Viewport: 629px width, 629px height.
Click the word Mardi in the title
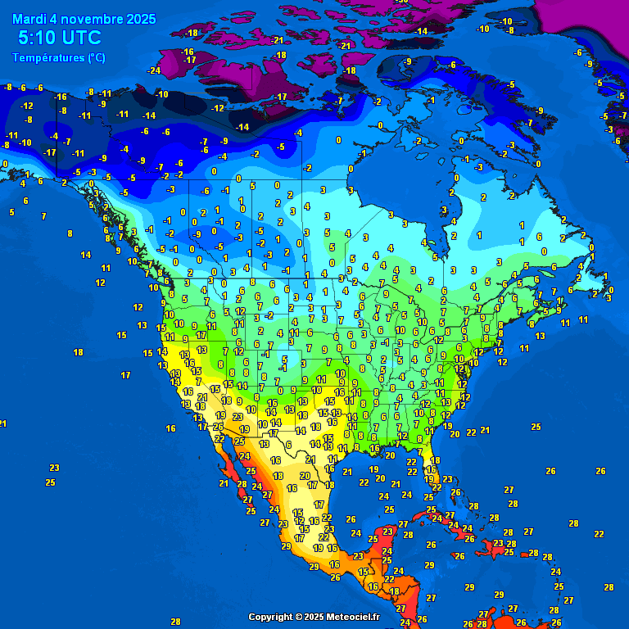point(30,18)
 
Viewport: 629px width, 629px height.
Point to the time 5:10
point(38,38)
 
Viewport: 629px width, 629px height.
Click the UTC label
point(82,38)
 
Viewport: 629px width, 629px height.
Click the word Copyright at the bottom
point(270,617)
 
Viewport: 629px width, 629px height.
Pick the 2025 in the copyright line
point(314,617)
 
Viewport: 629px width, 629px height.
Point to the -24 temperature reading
point(154,70)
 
